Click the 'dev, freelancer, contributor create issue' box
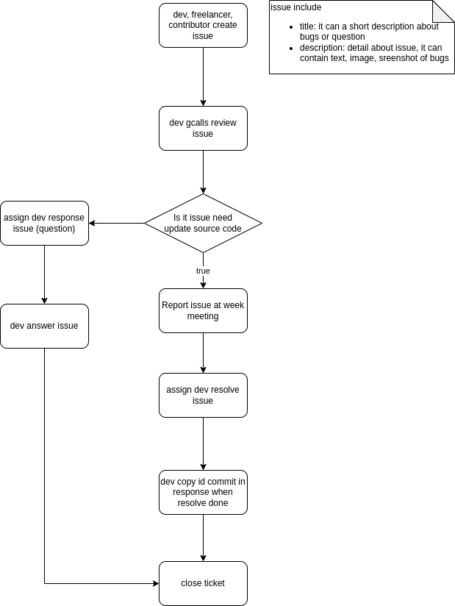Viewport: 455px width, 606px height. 203,26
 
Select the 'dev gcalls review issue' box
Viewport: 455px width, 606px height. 203,128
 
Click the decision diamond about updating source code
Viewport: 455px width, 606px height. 203,223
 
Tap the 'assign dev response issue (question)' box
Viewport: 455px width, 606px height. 44,223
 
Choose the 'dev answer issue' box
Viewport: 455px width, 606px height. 44,326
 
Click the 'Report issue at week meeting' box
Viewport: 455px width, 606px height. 203,310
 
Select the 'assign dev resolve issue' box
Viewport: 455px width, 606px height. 203,395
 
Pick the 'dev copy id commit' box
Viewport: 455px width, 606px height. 203,492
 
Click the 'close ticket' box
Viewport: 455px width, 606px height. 203,583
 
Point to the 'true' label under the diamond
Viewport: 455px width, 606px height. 203,271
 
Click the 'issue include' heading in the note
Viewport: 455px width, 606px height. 295,7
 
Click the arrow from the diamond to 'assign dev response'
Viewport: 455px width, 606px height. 118,223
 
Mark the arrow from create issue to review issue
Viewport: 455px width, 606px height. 203,77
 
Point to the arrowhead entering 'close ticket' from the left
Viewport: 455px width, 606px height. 155,583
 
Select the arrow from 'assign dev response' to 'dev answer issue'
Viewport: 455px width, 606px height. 44,274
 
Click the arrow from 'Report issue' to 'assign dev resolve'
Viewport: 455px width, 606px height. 203,353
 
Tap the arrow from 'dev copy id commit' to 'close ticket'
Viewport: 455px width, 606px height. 203,538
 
